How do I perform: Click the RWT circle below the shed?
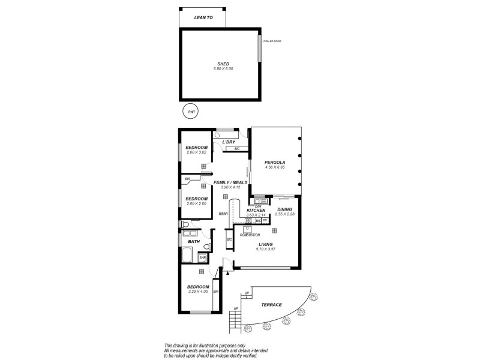pos(191,112)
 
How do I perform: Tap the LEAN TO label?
pos(203,18)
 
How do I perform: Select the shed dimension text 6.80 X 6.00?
pos(223,69)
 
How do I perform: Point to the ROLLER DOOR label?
pos(272,41)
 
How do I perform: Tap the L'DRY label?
pos(228,142)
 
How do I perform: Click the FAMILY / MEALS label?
pos(230,182)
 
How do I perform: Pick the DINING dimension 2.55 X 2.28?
pos(284,214)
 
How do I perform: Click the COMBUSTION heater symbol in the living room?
pos(247,229)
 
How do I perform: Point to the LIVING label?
pos(266,245)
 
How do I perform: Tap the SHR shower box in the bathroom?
pos(202,257)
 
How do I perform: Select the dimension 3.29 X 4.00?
pos(197,292)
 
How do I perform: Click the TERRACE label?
pos(272,305)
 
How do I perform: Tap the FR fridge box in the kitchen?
pos(265,221)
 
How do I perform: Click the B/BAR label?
pos(223,214)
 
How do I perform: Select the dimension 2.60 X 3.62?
pos(196,152)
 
